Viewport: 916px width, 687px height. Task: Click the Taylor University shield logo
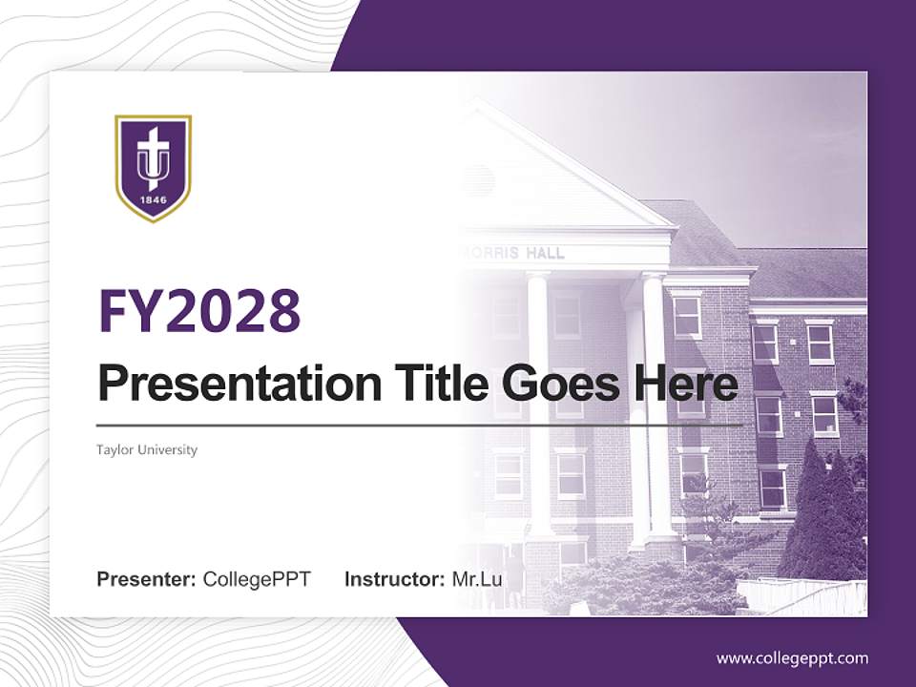pos(153,168)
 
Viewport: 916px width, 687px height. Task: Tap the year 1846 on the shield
pos(153,200)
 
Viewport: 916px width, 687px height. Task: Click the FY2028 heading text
pos(199,310)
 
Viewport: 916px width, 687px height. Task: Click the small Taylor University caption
pos(147,449)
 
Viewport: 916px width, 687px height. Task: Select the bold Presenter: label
pos(147,579)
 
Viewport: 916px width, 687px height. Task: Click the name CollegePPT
pos(257,579)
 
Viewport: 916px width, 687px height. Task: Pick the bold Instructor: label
pos(394,579)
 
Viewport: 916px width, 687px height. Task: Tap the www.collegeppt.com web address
pos(792,658)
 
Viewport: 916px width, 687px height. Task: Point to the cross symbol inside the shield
pos(153,148)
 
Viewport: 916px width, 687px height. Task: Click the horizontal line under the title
pos(420,425)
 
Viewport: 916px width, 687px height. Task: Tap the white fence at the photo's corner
pos(801,597)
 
